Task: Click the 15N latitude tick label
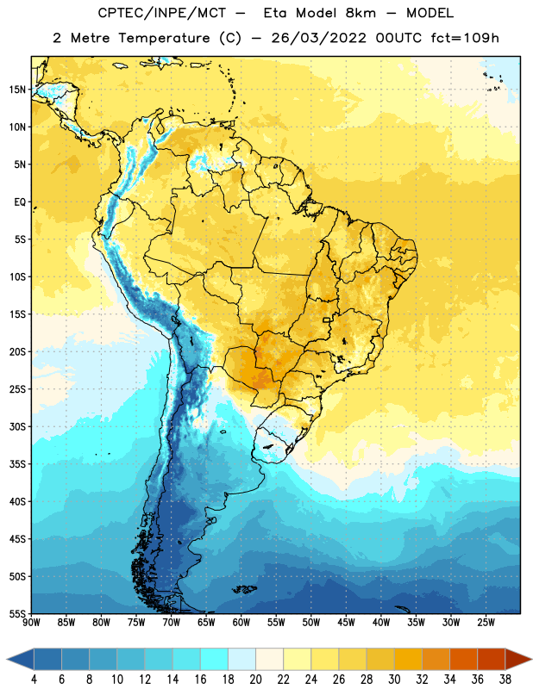click(17, 90)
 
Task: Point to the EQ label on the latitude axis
click(20, 202)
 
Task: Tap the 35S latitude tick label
click(17, 464)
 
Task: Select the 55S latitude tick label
click(17, 613)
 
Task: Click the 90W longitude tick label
click(31, 623)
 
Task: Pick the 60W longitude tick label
click(241, 623)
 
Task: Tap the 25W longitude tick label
click(486, 623)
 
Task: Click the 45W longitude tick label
click(346, 623)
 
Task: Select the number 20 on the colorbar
click(255, 680)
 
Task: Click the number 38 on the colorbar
click(505, 680)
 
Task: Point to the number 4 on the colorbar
click(34, 680)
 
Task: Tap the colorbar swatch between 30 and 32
click(408, 660)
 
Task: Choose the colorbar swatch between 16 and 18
click(214, 660)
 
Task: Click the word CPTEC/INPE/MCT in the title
click(161, 13)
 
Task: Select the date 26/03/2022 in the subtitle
click(318, 38)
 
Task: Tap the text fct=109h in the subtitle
click(465, 38)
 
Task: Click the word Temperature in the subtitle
click(164, 38)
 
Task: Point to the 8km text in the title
click(361, 13)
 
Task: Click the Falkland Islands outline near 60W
click(245, 589)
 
